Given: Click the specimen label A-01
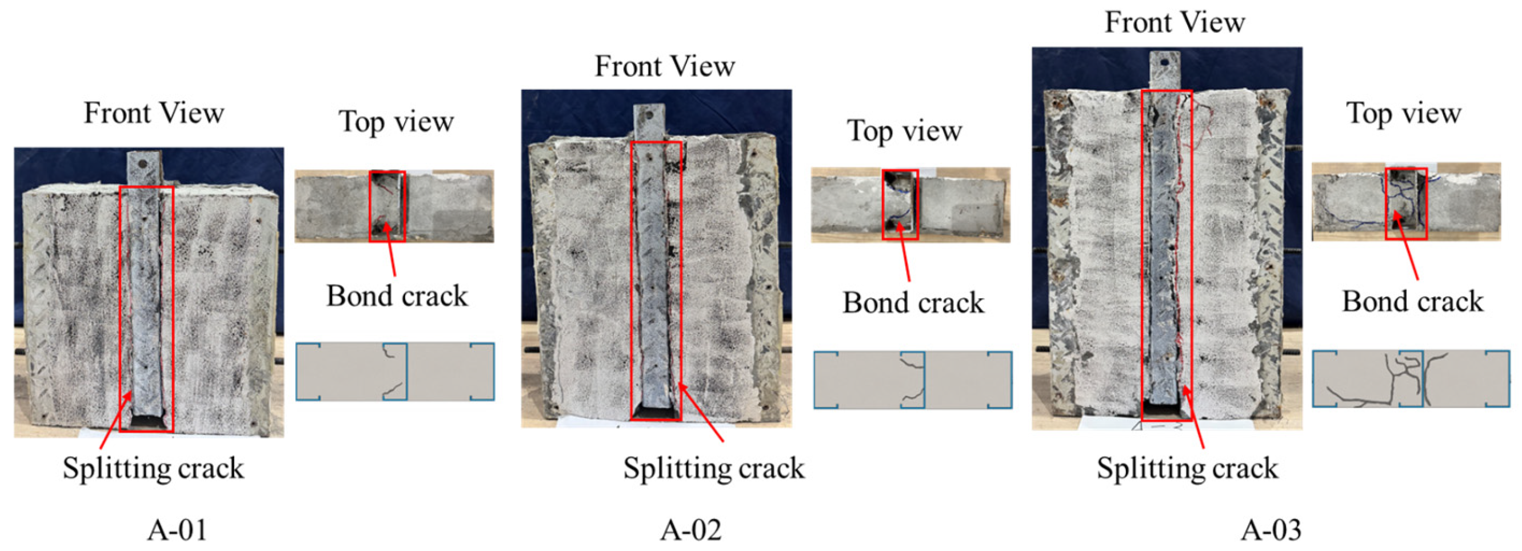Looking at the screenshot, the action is pyautogui.click(x=177, y=529).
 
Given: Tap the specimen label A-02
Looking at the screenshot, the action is pyautogui.click(x=690, y=529).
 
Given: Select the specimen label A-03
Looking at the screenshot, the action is pyautogui.click(x=1271, y=529).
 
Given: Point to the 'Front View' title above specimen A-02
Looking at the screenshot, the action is pyautogui.click(x=665, y=66).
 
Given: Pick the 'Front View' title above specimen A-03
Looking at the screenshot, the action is pyautogui.click(x=1175, y=22).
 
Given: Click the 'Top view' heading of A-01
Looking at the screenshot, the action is pyautogui.click(x=396, y=122).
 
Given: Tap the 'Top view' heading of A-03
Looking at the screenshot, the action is pyautogui.click(x=1404, y=113).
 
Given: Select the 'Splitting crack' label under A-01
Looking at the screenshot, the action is pyautogui.click(x=153, y=468).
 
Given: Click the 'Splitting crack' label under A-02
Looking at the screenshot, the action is pyautogui.click(x=714, y=468).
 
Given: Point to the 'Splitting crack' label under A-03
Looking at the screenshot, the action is pyautogui.click(x=1188, y=468).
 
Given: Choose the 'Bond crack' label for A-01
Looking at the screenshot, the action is pyautogui.click(x=397, y=296).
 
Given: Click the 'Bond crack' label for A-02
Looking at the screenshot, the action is pyautogui.click(x=913, y=303).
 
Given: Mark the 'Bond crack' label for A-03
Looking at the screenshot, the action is pyautogui.click(x=1413, y=301).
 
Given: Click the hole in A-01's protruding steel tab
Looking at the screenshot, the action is pyautogui.click(x=142, y=161).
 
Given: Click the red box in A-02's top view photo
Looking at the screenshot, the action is pyautogui.click(x=900, y=204).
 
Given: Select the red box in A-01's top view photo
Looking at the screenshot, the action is pyautogui.click(x=387, y=206).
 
